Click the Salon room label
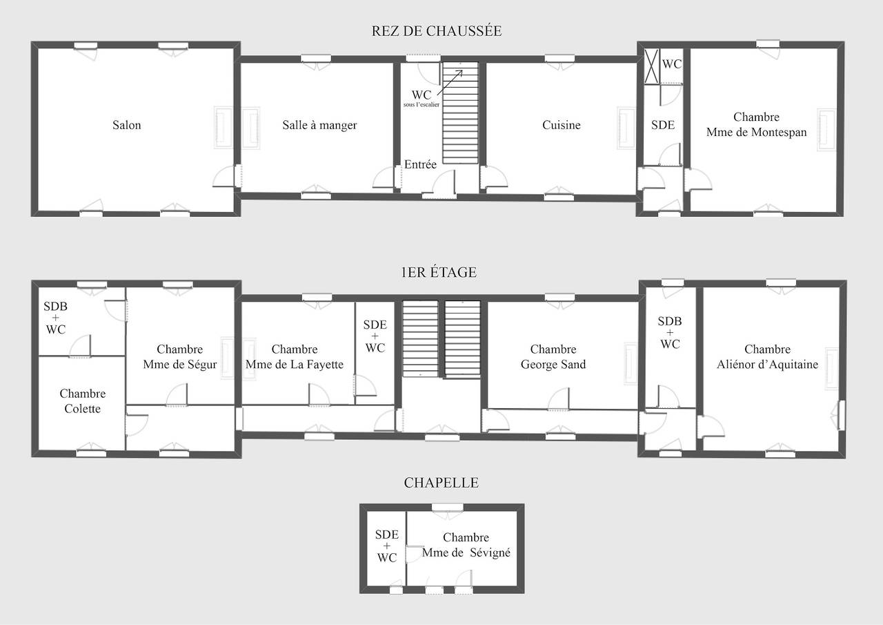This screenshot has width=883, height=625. (x=126, y=125)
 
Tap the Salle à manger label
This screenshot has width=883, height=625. (x=319, y=125)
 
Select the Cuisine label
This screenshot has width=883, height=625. (x=562, y=125)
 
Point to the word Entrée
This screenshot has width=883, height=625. (x=420, y=164)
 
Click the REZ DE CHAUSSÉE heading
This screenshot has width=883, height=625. (x=437, y=31)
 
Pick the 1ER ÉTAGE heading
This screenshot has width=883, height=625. (x=439, y=272)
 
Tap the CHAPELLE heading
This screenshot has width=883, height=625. (x=441, y=483)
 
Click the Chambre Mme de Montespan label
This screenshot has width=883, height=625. (x=757, y=124)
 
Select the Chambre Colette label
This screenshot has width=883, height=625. (x=82, y=401)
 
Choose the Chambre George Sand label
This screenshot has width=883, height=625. (x=553, y=356)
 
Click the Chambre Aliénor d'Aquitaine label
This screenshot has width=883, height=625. (x=767, y=356)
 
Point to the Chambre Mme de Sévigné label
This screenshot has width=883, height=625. (x=466, y=545)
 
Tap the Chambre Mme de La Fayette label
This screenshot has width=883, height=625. (x=295, y=356)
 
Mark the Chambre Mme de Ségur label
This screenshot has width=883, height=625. (x=180, y=356)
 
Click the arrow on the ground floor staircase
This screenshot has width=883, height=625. (x=450, y=82)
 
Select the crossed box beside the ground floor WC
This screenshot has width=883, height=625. (x=652, y=66)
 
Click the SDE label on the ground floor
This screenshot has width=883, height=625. (x=663, y=125)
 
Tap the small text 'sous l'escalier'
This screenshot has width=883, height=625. (x=421, y=104)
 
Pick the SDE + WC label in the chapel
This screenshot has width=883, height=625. (x=387, y=546)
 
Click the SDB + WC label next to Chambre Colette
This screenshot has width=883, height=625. (x=56, y=318)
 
